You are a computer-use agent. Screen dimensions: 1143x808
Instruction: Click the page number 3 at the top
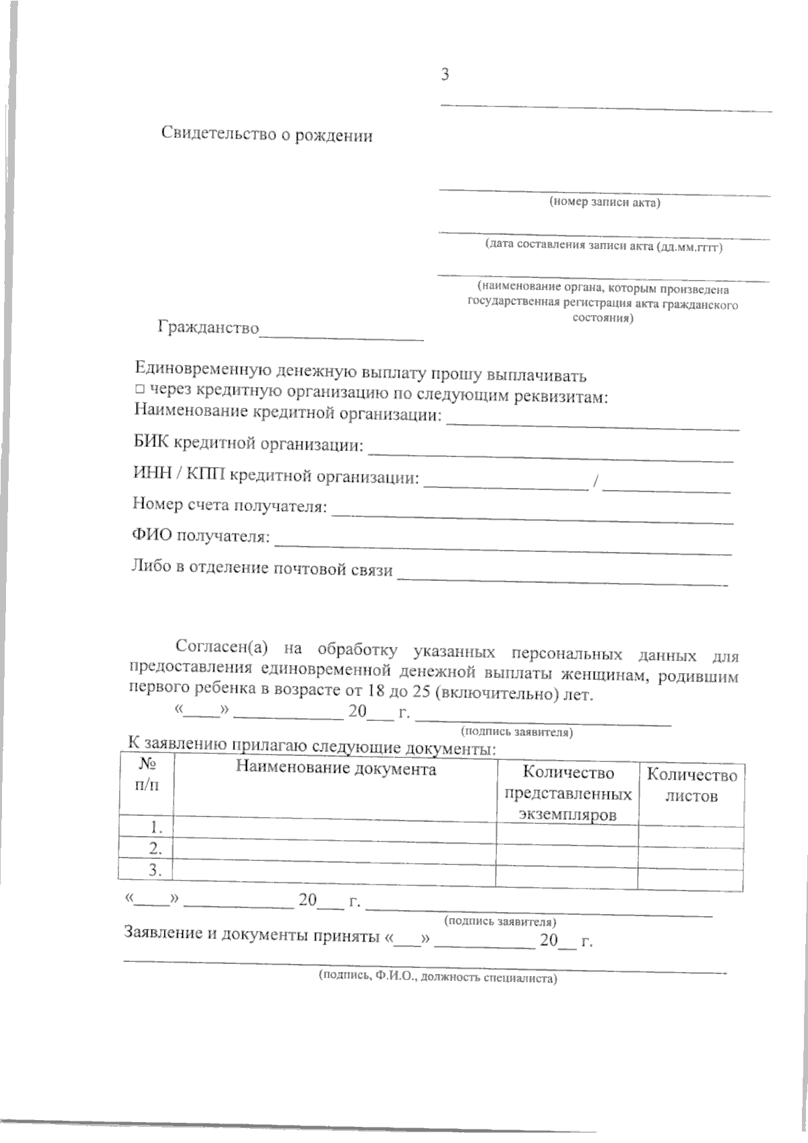click(x=445, y=75)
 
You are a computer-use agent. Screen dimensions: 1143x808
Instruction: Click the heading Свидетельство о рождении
click(x=267, y=135)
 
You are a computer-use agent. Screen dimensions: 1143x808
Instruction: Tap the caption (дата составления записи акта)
click(x=604, y=246)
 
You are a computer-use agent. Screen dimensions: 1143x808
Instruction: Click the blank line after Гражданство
click(x=342, y=334)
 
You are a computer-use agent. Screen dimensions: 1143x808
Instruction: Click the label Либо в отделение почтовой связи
click(x=261, y=569)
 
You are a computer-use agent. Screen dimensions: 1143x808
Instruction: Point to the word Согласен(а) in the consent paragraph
click(x=222, y=648)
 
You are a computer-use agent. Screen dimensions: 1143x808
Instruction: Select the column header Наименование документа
click(x=335, y=769)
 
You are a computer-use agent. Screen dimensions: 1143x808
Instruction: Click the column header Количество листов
click(x=692, y=786)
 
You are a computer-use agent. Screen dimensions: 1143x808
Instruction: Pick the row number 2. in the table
click(x=155, y=847)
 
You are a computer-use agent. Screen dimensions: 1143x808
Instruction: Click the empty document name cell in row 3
click(x=334, y=870)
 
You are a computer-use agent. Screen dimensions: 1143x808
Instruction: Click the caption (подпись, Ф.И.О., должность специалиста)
click(x=438, y=977)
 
